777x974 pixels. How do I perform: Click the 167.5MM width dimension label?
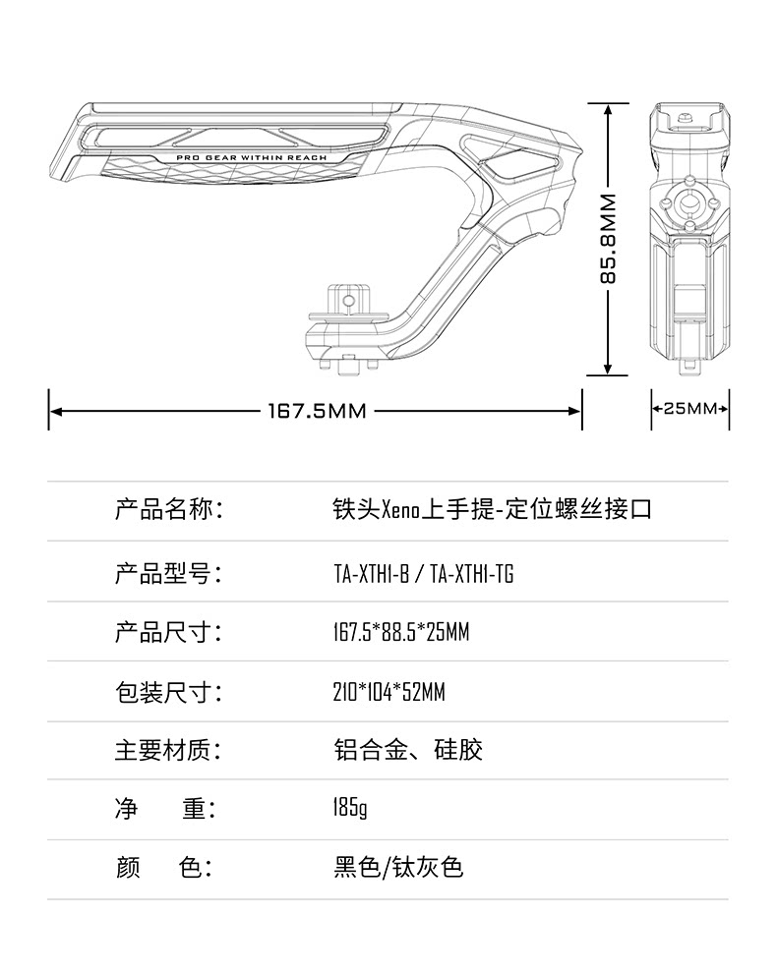pyautogui.click(x=317, y=411)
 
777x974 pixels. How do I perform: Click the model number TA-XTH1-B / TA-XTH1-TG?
pyautogui.click(x=424, y=574)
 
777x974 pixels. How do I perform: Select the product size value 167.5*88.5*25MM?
pyautogui.click(x=401, y=633)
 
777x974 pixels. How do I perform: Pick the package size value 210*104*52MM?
pyautogui.click(x=389, y=693)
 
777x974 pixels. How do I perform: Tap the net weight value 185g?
pyautogui.click(x=350, y=809)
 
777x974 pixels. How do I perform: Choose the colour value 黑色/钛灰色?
pyautogui.click(x=398, y=868)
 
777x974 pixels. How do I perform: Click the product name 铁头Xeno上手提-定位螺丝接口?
pyautogui.click(x=493, y=510)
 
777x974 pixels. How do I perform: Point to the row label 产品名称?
pyautogui.click(x=168, y=510)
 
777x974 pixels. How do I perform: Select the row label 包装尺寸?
pyautogui.click(x=168, y=693)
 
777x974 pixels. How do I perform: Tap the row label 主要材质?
pyautogui.click(x=168, y=751)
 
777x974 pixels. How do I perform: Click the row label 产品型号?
pyautogui.click(x=168, y=574)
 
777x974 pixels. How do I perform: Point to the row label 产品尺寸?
pyautogui.click(x=168, y=633)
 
